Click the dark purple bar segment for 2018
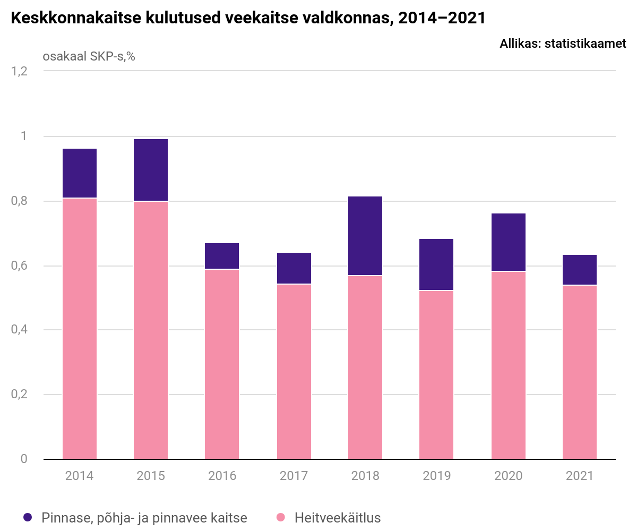pyautogui.click(x=365, y=236)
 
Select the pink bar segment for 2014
pyautogui.click(x=80, y=328)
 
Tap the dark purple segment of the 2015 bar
pyautogui.click(x=151, y=170)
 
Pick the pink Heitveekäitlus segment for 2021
pyautogui.click(x=580, y=372)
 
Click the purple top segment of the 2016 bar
pyautogui.click(x=222, y=256)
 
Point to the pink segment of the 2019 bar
pyautogui.click(x=436, y=374)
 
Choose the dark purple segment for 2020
pyautogui.click(x=508, y=242)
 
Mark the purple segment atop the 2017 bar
pyautogui.click(x=294, y=268)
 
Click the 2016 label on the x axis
pyautogui.click(x=222, y=475)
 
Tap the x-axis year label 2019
pyautogui.click(x=436, y=475)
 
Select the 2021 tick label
pyautogui.click(x=580, y=475)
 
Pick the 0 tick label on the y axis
pyautogui.click(x=24, y=459)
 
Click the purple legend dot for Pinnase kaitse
pyautogui.click(x=29, y=518)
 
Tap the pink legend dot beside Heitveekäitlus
pyautogui.click(x=281, y=518)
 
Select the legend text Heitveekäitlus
pyautogui.click(x=338, y=518)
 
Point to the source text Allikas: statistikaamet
pyautogui.click(x=563, y=44)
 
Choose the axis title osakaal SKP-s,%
pyautogui.click(x=89, y=56)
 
